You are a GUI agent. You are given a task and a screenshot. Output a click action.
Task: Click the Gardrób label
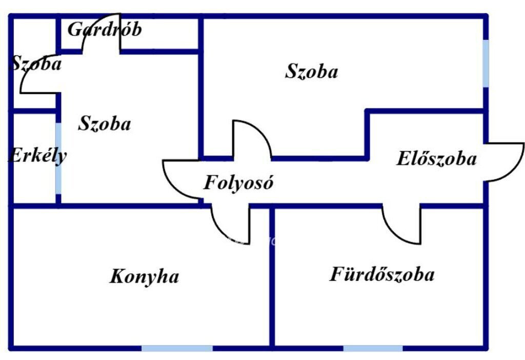tap(105, 29)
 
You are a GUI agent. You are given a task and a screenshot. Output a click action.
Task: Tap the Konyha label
tap(144, 277)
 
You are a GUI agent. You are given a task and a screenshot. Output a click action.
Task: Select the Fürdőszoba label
tap(382, 274)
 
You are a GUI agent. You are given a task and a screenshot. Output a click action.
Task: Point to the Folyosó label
tap(238, 183)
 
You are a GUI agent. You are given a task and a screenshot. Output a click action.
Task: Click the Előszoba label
tap(436, 158)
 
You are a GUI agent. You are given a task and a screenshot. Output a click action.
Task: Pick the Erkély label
tap(37, 156)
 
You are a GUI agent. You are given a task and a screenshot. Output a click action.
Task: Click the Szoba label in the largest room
tap(311, 71)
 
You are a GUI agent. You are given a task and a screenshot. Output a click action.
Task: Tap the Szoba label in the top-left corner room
tap(36, 63)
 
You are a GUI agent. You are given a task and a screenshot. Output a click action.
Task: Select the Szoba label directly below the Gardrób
tap(105, 124)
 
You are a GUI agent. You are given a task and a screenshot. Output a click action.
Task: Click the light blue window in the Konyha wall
tap(177, 348)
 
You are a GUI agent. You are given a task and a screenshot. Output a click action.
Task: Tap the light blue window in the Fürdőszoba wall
tap(373, 348)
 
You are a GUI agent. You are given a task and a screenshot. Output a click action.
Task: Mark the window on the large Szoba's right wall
tap(486, 63)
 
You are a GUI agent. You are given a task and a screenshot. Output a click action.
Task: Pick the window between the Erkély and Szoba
tap(58, 158)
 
